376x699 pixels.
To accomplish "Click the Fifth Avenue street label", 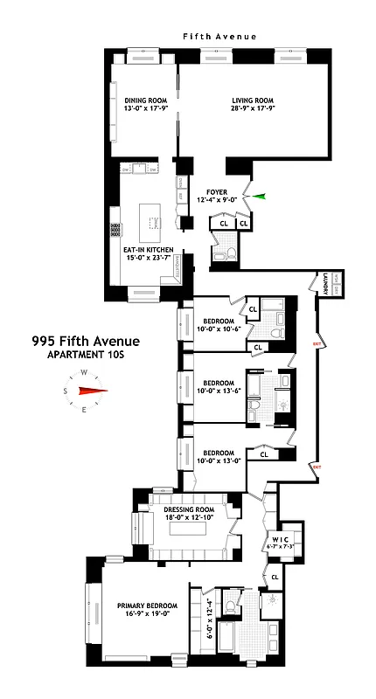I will [219, 37].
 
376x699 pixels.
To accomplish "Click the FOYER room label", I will [217, 197].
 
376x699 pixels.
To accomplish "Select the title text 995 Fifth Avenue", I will [85, 341].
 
